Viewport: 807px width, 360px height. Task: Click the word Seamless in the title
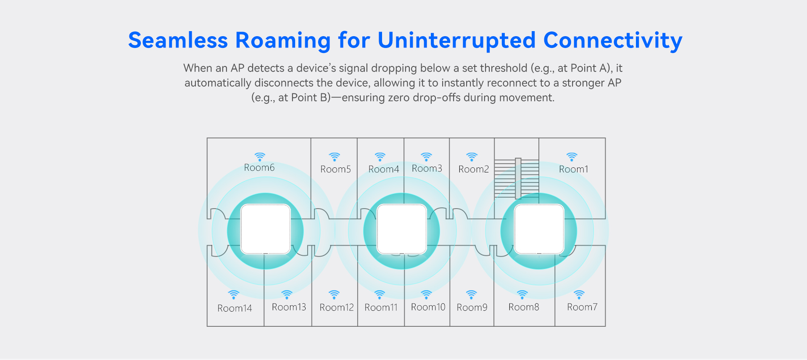178,40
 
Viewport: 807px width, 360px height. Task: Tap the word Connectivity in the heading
612,40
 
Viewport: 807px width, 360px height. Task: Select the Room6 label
259,167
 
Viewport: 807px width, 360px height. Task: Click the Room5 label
335,169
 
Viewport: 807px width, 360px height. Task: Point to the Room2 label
474,169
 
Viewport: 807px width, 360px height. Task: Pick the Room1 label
573,169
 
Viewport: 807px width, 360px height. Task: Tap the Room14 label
235,308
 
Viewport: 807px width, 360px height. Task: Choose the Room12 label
337,307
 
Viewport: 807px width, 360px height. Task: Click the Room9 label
472,307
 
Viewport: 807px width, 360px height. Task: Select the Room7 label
582,307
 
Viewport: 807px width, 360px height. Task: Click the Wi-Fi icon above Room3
427,157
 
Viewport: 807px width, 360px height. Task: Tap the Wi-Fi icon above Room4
380,157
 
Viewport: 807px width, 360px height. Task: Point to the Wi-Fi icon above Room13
287,294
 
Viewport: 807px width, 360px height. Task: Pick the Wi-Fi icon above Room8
522,294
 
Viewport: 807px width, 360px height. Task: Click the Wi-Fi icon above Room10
427,294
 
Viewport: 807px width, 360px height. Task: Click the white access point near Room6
265,229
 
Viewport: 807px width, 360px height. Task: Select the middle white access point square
402,229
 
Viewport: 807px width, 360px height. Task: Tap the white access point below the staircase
539,229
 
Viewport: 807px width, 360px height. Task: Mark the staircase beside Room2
517,178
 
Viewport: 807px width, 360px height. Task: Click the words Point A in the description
589,68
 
